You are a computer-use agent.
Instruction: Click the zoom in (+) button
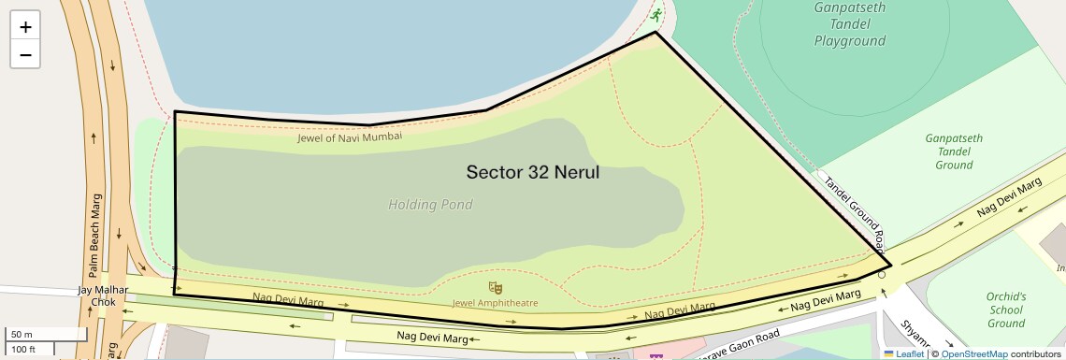pyautogui.click(x=25, y=26)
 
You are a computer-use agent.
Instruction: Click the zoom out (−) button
pyautogui.click(x=25, y=55)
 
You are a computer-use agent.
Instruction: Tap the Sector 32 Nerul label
pyautogui.click(x=532, y=173)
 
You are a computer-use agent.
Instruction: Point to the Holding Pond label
pyautogui.click(x=430, y=205)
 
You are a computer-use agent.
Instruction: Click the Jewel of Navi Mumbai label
pyautogui.click(x=350, y=137)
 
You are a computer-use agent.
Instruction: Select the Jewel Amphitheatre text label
pyautogui.click(x=495, y=303)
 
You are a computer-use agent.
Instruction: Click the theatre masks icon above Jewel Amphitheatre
pyautogui.click(x=496, y=286)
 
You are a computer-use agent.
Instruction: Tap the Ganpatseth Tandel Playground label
pyautogui.click(x=849, y=24)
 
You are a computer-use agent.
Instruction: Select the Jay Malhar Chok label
pyautogui.click(x=96, y=296)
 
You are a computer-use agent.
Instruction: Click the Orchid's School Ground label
pyautogui.click(x=1005, y=310)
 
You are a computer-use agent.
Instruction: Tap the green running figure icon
pyautogui.click(x=656, y=14)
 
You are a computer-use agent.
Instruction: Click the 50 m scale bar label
pyautogui.click(x=22, y=334)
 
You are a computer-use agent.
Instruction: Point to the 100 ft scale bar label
pyautogui.click(x=23, y=349)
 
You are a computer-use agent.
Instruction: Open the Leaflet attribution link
pyautogui.click(x=903, y=354)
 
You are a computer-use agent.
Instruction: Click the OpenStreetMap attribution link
pyautogui.click(x=973, y=354)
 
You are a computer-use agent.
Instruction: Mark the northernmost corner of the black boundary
pyautogui.click(x=655, y=34)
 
